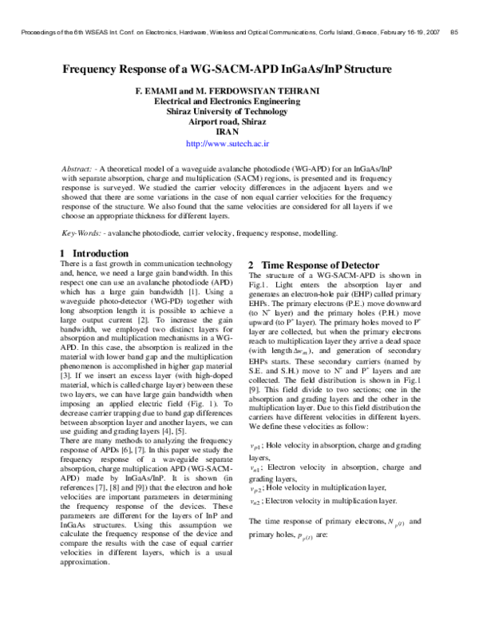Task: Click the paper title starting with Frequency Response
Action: (239, 70)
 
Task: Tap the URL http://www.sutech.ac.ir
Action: (239, 145)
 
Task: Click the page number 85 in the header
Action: (453, 33)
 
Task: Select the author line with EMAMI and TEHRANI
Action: (239, 91)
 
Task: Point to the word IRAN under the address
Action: (239, 133)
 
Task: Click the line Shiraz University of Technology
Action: (239, 112)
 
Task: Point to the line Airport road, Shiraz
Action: (239, 122)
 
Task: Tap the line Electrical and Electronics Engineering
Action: (239, 101)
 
